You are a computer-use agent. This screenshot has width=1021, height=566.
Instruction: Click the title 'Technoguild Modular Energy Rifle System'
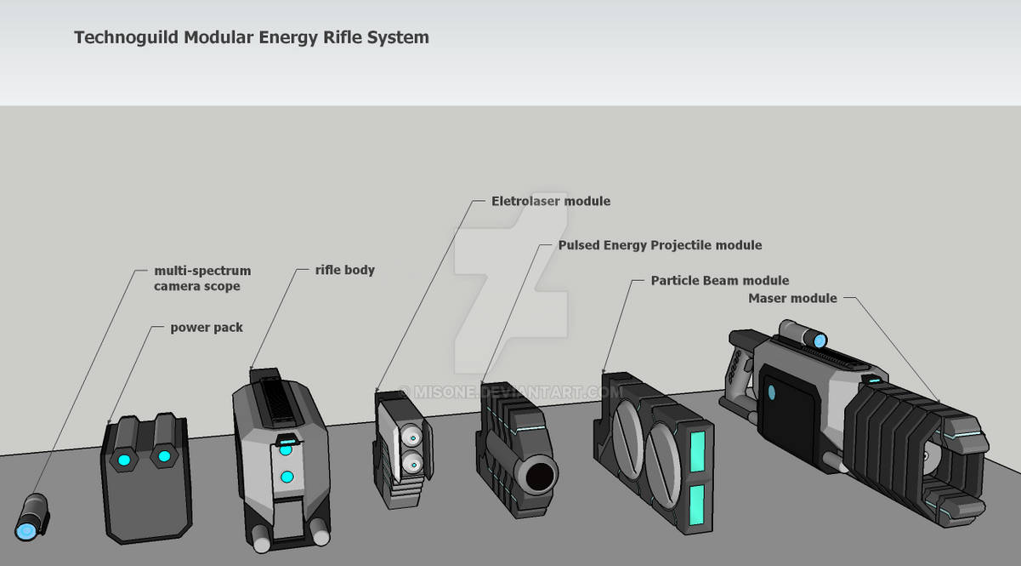pyautogui.click(x=251, y=37)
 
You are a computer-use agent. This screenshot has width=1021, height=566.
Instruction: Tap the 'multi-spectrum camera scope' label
pyautogui.click(x=202, y=278)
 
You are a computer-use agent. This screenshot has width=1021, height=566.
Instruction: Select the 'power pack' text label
pyautogui.click(x=207, y=327)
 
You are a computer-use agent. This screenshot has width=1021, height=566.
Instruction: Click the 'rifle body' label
pyautogui.click(x=344, y=270)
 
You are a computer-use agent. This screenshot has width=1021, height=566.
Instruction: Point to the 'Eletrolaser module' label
pyautogui.click(x=551, y=201)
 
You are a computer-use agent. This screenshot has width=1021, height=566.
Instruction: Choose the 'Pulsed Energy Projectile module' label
pyautogui.click(x=660, y=245)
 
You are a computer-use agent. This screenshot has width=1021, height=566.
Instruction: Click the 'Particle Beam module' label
pyautogui.click(x=719, y=280)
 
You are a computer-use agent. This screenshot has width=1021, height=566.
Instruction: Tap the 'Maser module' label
pyautogui.click(x=792, y=298)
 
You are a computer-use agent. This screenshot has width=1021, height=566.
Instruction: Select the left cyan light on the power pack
pyautogui.click(x=125, y=460)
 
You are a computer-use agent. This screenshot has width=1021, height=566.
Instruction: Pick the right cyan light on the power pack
pyautogui.click(x=161, y=457)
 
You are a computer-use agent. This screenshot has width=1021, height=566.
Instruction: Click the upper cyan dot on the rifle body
pyautogui.click(x=286, y=449)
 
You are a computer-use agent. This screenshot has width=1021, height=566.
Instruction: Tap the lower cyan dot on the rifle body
pyautogui.click(x=286, y=477)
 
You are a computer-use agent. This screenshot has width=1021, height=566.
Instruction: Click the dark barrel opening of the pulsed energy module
pyautogui.click(x=538, y=476)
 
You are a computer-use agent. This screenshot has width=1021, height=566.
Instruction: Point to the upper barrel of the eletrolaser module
pyautogui.click(x=411, y=437)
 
